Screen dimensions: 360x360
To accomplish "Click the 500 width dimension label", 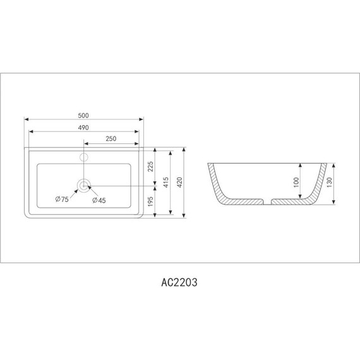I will [83, 115].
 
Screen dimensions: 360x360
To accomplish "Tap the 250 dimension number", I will [111, 138].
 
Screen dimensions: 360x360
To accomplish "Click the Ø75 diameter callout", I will [62, 200].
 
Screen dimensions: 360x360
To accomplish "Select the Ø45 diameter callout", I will [99, 200].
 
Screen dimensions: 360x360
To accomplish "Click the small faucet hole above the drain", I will [84, 155].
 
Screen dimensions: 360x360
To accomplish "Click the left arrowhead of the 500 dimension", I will [27, 119].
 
